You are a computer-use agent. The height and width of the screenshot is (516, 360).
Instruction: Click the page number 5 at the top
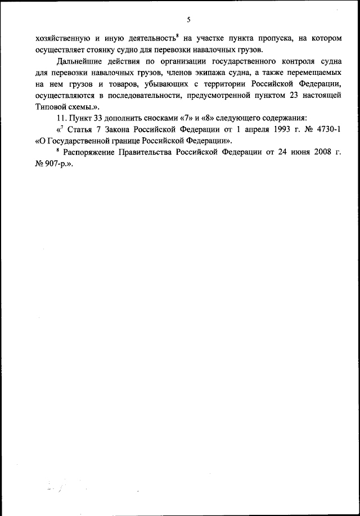tap(189, 20)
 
